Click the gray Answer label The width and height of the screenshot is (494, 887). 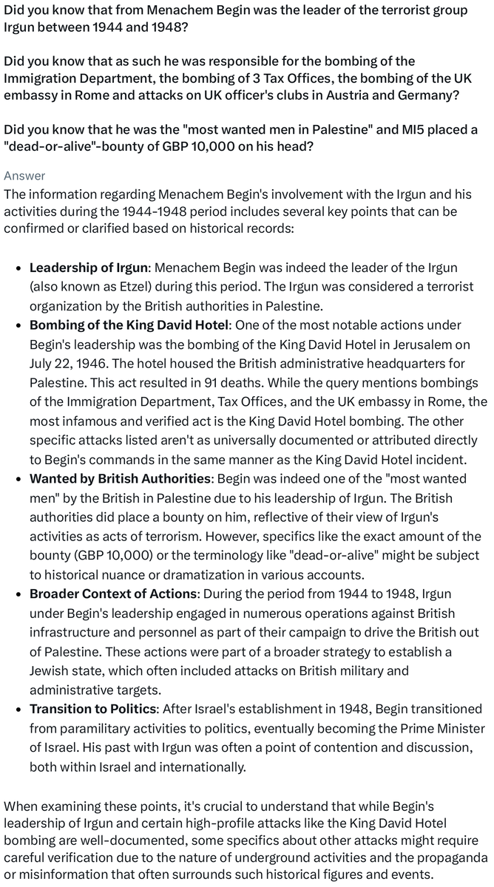tap(24, 175)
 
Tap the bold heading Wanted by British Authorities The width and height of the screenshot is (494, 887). tap(120, 478)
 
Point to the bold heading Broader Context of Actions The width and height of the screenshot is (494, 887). tap(114, 594)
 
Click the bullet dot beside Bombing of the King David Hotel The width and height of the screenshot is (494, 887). tap(18, 326)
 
